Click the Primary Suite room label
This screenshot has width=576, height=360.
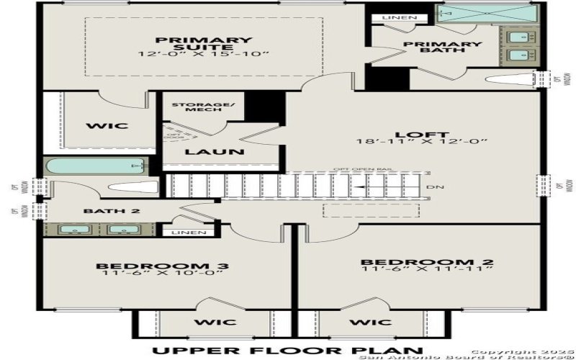tap(204, 44)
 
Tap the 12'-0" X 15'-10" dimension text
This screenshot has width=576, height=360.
tap(204, 55)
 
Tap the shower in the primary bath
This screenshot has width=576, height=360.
tap(487, 13)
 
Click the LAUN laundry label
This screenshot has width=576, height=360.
tap(205, 152)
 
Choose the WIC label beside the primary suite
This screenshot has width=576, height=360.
tap(107, 126)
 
